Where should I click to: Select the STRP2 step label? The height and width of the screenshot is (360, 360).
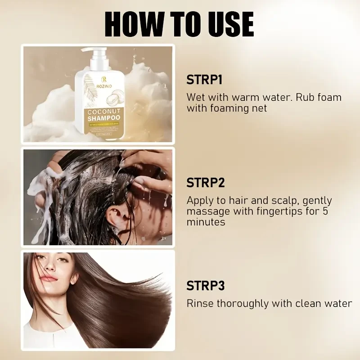[206, 183]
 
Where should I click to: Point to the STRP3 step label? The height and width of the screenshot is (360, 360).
[206, 286]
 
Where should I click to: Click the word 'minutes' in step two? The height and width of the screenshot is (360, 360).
[206, 222]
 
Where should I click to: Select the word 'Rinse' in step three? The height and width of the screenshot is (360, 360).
[200, 303]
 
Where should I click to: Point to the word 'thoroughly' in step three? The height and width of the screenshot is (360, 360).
[244, 303]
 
